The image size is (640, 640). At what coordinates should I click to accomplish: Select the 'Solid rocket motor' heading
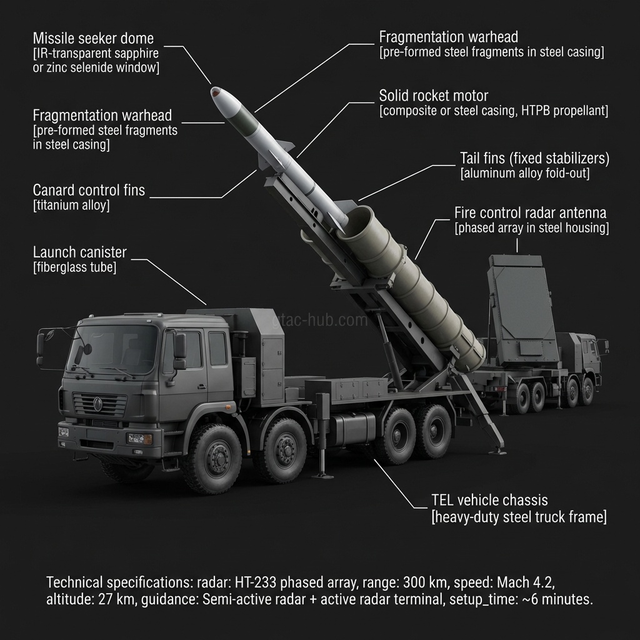(x=433, y=96)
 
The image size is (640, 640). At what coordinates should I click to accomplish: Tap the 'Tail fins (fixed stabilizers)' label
(x=534, y=158)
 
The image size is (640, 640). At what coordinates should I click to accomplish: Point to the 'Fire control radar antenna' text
(x=531, y=212)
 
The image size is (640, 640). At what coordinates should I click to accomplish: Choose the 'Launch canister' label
(x=79, y=252)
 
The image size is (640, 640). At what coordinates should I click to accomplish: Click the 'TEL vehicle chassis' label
(x=489, y=500)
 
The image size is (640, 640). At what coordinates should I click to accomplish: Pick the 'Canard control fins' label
(x=89, y=190)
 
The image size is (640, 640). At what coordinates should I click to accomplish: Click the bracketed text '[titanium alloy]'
(x=71, y=205)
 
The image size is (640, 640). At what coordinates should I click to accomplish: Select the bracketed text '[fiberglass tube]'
(x=74, y=267)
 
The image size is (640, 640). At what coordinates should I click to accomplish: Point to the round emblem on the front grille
(x=97, y=404)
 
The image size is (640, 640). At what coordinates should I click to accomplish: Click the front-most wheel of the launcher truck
(x=212, y=459)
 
